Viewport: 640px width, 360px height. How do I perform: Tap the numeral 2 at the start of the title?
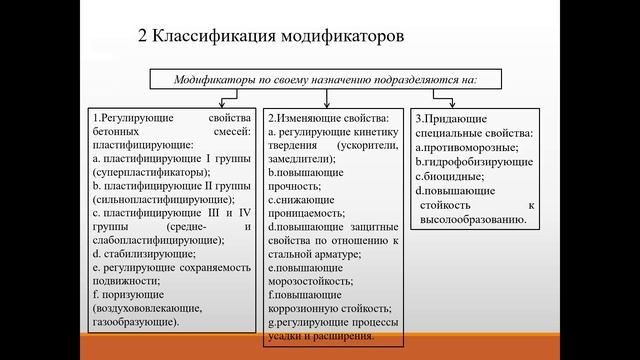tap(142, 39)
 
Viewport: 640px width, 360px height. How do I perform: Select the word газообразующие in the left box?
tap(134, 323)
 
